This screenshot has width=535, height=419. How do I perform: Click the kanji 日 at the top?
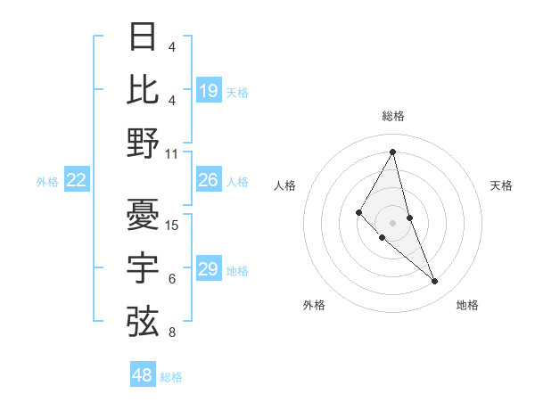(144, 37)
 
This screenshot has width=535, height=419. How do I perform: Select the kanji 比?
(144, 89)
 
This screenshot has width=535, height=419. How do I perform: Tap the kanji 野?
(144, 143)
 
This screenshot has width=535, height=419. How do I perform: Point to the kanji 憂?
(144, 214)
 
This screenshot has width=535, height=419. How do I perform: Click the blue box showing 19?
(209, 91)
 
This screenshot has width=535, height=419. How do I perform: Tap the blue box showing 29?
(209, 269)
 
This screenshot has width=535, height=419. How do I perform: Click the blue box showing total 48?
(143, 375)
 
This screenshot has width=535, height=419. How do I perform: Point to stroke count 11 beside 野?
(172, 153)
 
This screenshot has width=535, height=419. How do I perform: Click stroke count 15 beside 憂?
(172, 225)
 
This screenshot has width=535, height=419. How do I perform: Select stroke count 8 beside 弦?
(172, 333)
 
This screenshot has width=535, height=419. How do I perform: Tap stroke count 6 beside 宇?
(172, 279)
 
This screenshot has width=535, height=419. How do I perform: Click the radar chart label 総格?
(393, 117)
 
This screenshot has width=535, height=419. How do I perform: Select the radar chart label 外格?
(314, 305)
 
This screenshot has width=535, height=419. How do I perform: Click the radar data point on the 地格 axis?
(435, 282)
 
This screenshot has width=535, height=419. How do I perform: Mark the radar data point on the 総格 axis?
(393, 152)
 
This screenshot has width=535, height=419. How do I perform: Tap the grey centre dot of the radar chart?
(393, 222)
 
